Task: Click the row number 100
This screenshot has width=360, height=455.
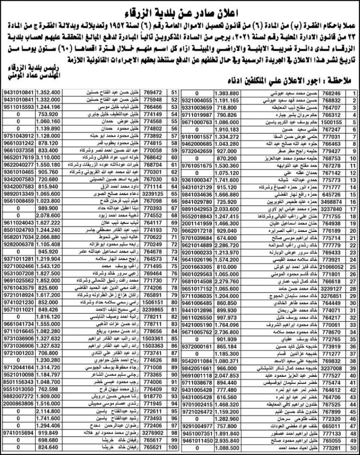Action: (172, 447)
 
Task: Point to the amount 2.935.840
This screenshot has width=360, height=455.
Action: (227, 441)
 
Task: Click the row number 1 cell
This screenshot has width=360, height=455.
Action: (354, 92)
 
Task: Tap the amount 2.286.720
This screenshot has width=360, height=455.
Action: (227, 245)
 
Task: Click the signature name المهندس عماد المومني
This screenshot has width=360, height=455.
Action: (35, 77)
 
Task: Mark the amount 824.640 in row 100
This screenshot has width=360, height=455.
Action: (49, 447)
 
